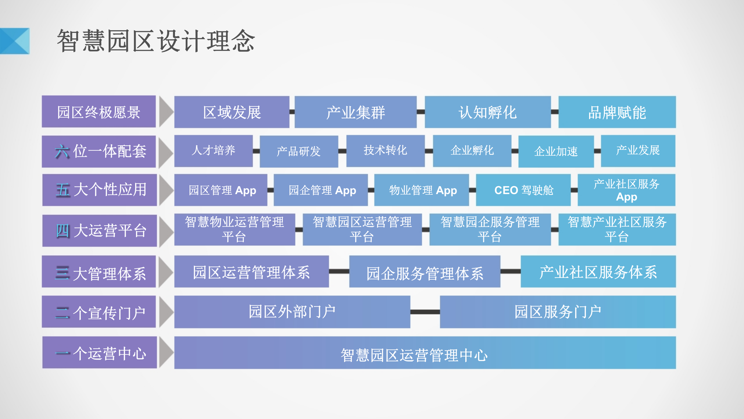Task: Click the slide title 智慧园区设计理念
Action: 156,41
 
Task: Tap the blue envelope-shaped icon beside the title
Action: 15,41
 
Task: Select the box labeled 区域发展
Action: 232,112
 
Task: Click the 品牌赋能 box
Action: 617,112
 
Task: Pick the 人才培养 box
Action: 213,151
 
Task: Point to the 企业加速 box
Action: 556,151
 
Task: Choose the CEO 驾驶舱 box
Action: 523,190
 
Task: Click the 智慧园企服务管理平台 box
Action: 490,229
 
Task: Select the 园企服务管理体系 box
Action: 425,272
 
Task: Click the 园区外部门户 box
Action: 292,312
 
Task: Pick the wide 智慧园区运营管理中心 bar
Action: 425,353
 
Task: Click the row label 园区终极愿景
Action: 99,112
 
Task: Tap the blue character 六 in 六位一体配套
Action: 62,152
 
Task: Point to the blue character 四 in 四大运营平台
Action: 62,231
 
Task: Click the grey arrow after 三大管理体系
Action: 165,272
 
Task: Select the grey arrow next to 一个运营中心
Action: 166,352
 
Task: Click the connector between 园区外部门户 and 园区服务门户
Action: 425,312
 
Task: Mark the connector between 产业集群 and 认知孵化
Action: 421,112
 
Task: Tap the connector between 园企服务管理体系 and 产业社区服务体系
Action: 510,271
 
